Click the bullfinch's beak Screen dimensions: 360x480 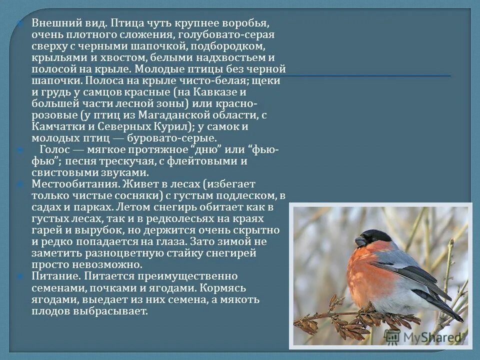pos(360,242)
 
